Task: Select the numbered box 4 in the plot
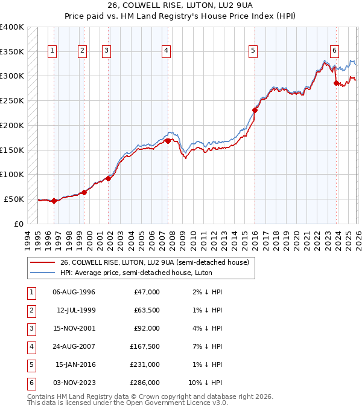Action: coord(165,51)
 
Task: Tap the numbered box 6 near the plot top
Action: coord(334,51)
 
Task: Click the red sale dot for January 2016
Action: coord(255,110)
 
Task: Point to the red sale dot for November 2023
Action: coord(337,83)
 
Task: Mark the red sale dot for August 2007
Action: coord(168,141)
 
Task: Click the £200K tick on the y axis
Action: coord(12,125)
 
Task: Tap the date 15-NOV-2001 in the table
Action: coord(74,329)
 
